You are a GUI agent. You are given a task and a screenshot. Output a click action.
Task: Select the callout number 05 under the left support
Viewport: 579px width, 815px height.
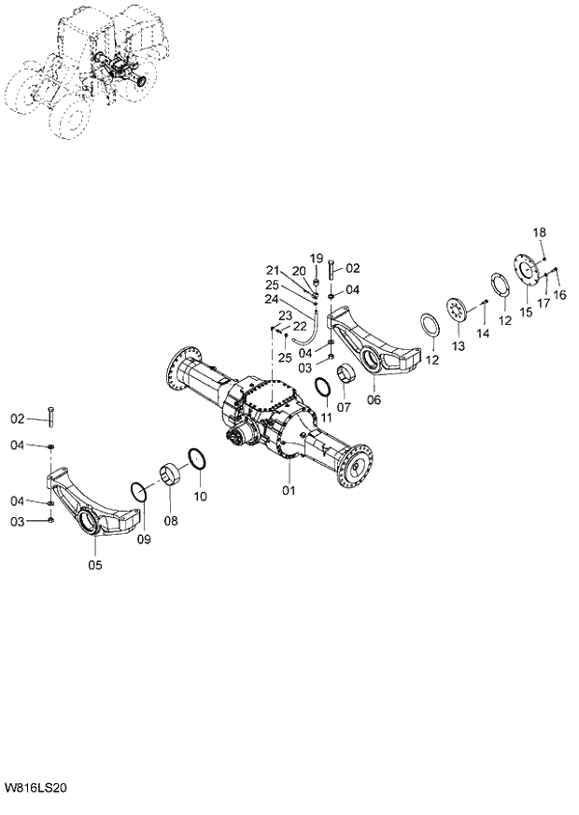point(95,565)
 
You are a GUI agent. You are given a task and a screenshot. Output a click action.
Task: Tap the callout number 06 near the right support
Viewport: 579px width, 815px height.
point(374,400)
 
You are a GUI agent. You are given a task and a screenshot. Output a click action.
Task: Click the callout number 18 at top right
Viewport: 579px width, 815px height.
point(540,232)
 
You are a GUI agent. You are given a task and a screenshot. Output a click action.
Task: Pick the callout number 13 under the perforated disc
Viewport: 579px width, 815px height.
point(457,346)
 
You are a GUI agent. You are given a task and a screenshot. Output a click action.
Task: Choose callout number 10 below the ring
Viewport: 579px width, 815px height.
point(201,496)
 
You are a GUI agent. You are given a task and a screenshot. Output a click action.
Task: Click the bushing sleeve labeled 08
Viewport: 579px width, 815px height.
point(171,475)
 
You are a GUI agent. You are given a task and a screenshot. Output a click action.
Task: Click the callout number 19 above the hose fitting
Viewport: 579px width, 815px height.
point(316,258)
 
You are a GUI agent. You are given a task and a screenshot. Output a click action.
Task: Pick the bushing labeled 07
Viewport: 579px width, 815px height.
point(348,375)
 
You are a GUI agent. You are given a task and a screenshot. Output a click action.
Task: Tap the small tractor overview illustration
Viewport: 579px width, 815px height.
point(89,75)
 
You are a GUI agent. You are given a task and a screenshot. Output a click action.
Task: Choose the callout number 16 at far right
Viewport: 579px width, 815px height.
point(559,295)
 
